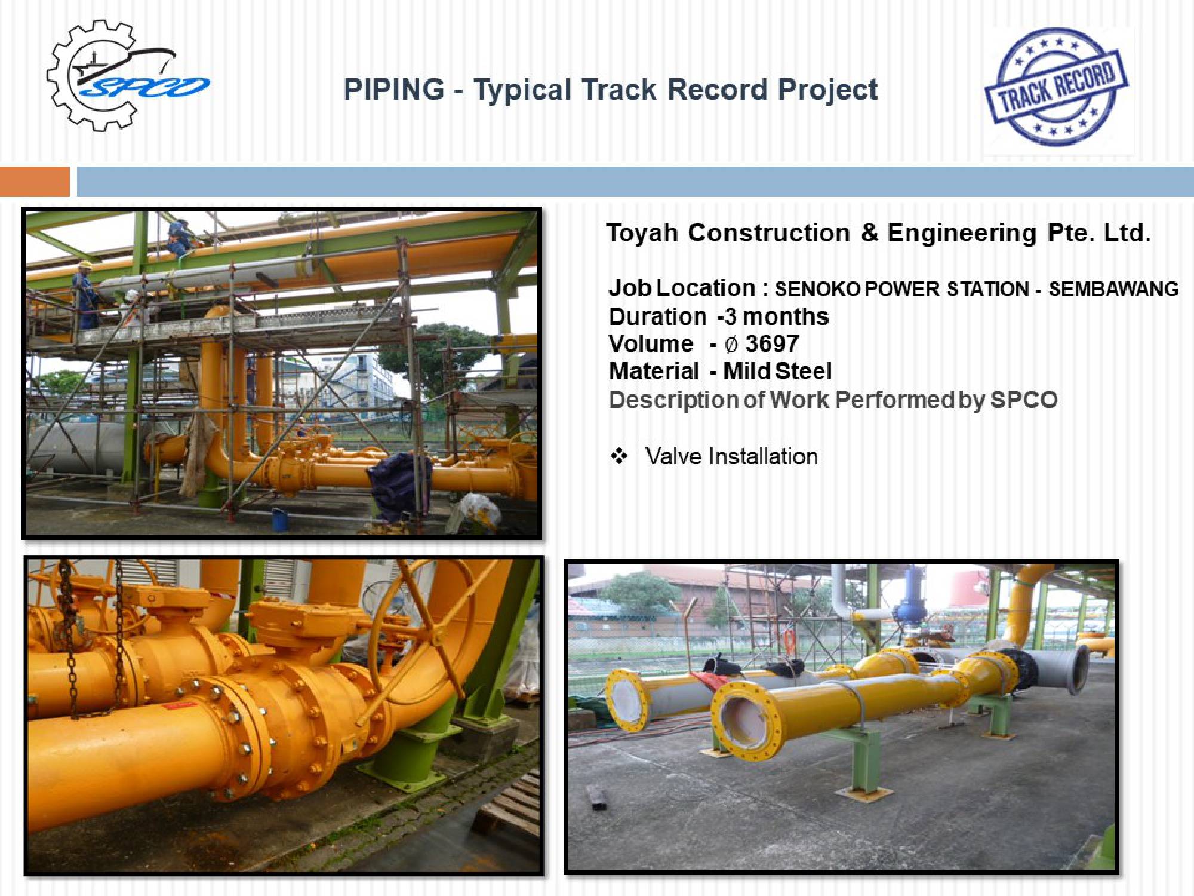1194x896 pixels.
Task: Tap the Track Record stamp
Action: [1056, 87]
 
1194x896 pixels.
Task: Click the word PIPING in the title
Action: [394, 90]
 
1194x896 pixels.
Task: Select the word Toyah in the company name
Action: [642, 232]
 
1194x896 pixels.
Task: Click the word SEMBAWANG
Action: [1113, 289]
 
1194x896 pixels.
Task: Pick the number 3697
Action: [772, 344]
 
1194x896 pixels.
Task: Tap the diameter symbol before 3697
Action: [731, 345]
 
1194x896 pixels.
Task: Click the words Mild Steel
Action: [777, 372]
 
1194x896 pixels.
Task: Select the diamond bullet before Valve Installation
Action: [618, 456]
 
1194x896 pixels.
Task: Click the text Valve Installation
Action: [731, 456]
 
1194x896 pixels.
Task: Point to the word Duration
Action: [657, 317]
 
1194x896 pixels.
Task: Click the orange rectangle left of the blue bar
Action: [35, 182]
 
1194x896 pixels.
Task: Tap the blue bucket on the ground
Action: [279, 518]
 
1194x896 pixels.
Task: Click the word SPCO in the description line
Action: [1024, 400]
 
